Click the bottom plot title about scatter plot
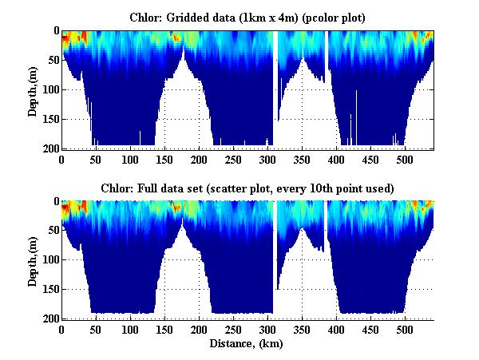coord(247,188)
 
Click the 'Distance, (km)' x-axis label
coord(247,344)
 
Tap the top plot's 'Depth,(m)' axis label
coord(33,89)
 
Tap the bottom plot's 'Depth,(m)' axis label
coord(33,259)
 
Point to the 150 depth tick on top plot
coord(49,119)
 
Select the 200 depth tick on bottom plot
coord(49,318)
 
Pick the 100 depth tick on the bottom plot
coord(49,260)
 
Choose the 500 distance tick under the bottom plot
coord(405,330)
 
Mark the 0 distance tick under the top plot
coord(61,160)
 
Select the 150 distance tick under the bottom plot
coord(164,330)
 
